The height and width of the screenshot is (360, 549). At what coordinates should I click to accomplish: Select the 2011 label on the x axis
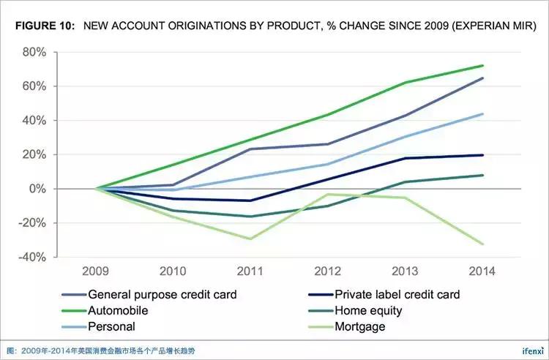point(250,271)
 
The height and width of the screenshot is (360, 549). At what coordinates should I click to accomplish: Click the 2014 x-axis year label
point(481,271)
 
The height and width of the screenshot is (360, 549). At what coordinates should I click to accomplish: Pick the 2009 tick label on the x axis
point(97,271)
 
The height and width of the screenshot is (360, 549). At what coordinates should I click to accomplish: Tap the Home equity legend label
point(368,311)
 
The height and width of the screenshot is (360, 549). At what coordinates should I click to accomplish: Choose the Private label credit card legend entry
point(397,295)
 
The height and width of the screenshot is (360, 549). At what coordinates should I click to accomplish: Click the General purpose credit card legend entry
point(162,295)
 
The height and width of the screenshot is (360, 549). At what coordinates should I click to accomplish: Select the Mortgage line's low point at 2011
point(251,239)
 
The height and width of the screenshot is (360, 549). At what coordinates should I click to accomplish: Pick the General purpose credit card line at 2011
point(251,149)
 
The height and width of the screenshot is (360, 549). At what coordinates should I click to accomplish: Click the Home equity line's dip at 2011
point(251,217)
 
